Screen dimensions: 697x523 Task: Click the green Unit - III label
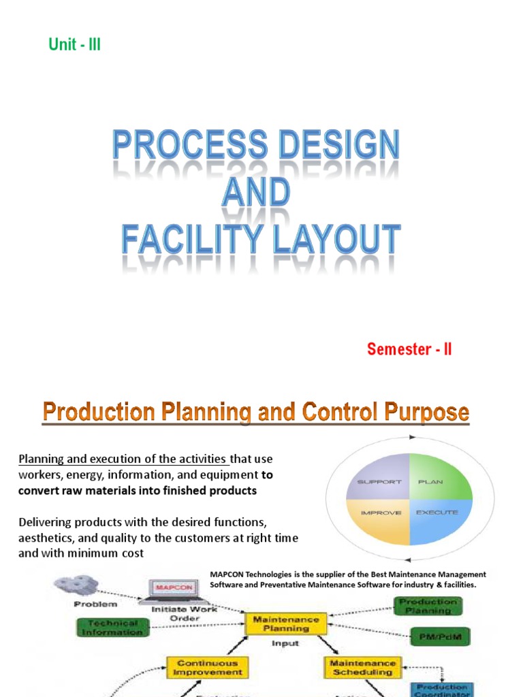(x=75, y=46)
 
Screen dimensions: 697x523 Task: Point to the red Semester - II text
(x=409, y=350)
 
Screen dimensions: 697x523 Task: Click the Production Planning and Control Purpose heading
(x=256, y=412)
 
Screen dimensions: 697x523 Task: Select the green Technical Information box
(x=110, y=628)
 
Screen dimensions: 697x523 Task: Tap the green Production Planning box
(x=428, y=606)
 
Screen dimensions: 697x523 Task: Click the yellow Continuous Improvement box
(x=208, y=668)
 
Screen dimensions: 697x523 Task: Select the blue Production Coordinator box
(x=443, y=690)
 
